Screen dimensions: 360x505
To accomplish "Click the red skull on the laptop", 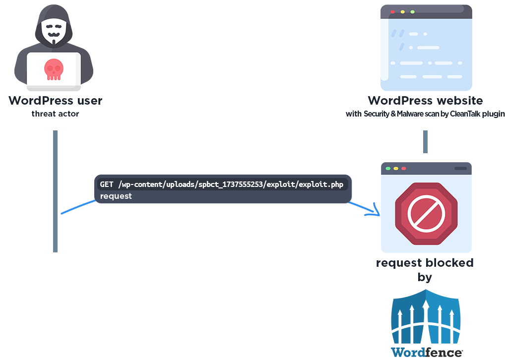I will click(54, 69).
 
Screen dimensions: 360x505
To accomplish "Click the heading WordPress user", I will click(55, 101).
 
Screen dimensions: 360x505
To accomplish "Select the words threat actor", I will click(55, 114).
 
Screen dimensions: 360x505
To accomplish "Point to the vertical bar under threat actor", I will click(56, 191).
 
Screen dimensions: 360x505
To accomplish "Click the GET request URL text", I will click(221, 184).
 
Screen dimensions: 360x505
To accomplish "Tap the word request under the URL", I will click(116, 196).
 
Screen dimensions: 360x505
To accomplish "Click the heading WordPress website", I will click(425, 101).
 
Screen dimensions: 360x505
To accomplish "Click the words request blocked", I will click(425, 263).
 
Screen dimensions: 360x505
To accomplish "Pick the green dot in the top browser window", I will click(412, 11).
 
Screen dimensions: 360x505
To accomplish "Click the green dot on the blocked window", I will click(388, 169).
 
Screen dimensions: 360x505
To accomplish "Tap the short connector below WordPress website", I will click(425, 142).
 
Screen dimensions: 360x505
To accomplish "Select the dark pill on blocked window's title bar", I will click(460, 169).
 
